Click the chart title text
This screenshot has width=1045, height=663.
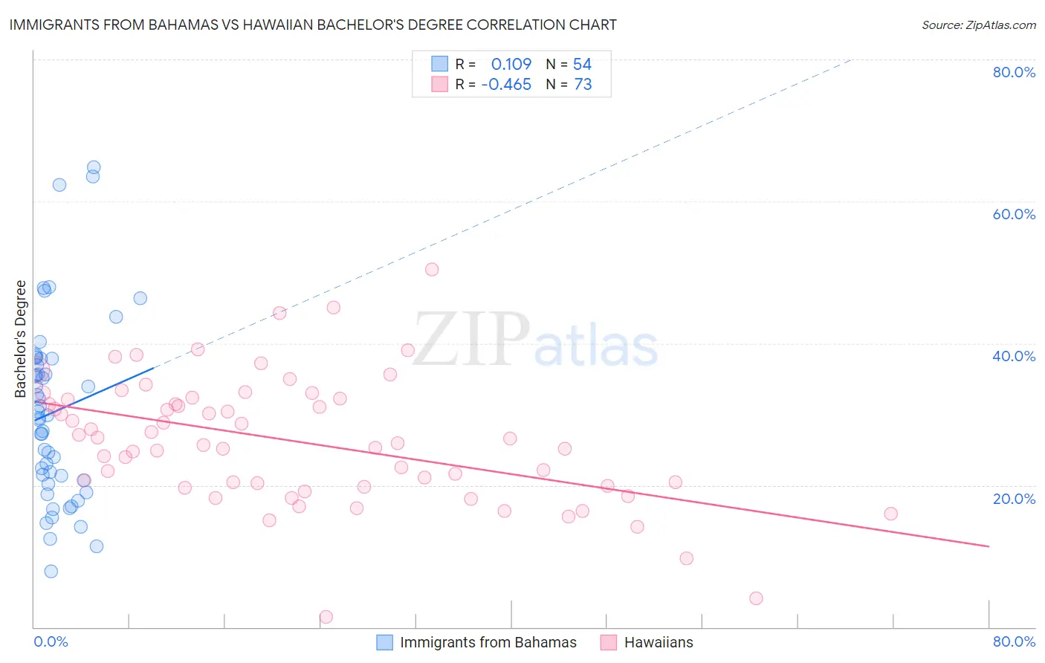313,25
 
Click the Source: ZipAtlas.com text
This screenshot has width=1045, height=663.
978,25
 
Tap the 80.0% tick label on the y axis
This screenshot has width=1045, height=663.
1014,72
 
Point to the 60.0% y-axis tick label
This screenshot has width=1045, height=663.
1014,214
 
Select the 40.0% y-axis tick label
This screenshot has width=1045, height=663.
1014,356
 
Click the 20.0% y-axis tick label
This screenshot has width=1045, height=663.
1014,499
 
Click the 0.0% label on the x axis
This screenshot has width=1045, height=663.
51,641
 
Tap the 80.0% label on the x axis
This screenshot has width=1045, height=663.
1014,641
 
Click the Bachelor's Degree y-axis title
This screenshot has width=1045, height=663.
21,339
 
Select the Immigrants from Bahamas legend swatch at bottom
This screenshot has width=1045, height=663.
384,642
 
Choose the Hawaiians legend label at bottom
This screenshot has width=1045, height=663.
659,642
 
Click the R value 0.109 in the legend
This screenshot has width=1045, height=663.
511,65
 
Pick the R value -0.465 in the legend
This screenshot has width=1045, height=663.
506,85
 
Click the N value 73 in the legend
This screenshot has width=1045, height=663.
583,85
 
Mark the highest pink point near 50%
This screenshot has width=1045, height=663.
432,269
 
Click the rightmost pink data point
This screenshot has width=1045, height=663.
890,514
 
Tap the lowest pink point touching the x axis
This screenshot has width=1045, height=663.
326,617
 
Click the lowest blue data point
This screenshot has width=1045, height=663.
51,571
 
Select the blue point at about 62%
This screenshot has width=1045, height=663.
59,184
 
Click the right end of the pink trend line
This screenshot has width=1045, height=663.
989,546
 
